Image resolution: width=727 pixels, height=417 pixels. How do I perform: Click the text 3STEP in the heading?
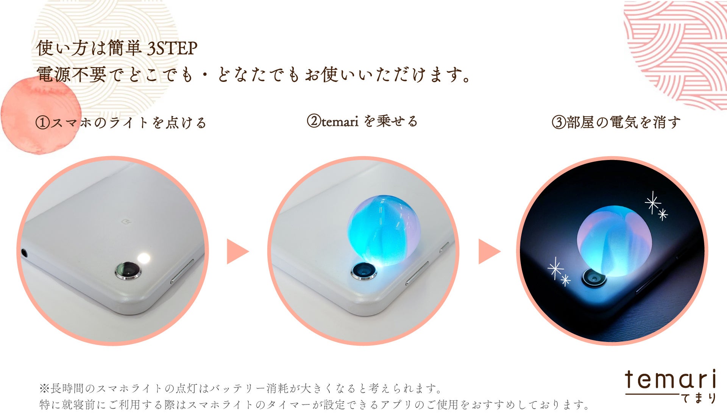[x=172, y=48]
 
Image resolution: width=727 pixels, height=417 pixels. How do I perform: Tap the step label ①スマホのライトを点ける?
[x=121, y=123]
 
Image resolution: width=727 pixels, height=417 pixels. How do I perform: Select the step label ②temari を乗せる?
[x=362, y=121]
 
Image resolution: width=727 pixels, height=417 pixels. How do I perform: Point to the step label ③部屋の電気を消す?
[x=616, y=122]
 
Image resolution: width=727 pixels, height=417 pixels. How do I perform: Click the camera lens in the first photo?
[x=128, y=271]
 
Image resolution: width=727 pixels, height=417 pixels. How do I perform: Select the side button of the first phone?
[x=182, y=272]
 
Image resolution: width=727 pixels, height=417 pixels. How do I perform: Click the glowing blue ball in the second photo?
[x=383, y=230]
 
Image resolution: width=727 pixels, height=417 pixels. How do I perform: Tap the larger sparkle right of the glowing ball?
[x=653, y=203]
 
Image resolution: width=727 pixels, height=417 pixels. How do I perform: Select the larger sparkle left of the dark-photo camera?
[x=555, y=269]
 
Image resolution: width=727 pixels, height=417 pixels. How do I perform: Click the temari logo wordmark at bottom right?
[x=670, y=379]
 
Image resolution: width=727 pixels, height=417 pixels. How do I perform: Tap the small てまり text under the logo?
[x=699, y=398]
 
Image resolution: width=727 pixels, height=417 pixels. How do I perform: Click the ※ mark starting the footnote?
[x=44, y=389]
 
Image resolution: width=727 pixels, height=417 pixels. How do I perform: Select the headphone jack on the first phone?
[x=25, y=252]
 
